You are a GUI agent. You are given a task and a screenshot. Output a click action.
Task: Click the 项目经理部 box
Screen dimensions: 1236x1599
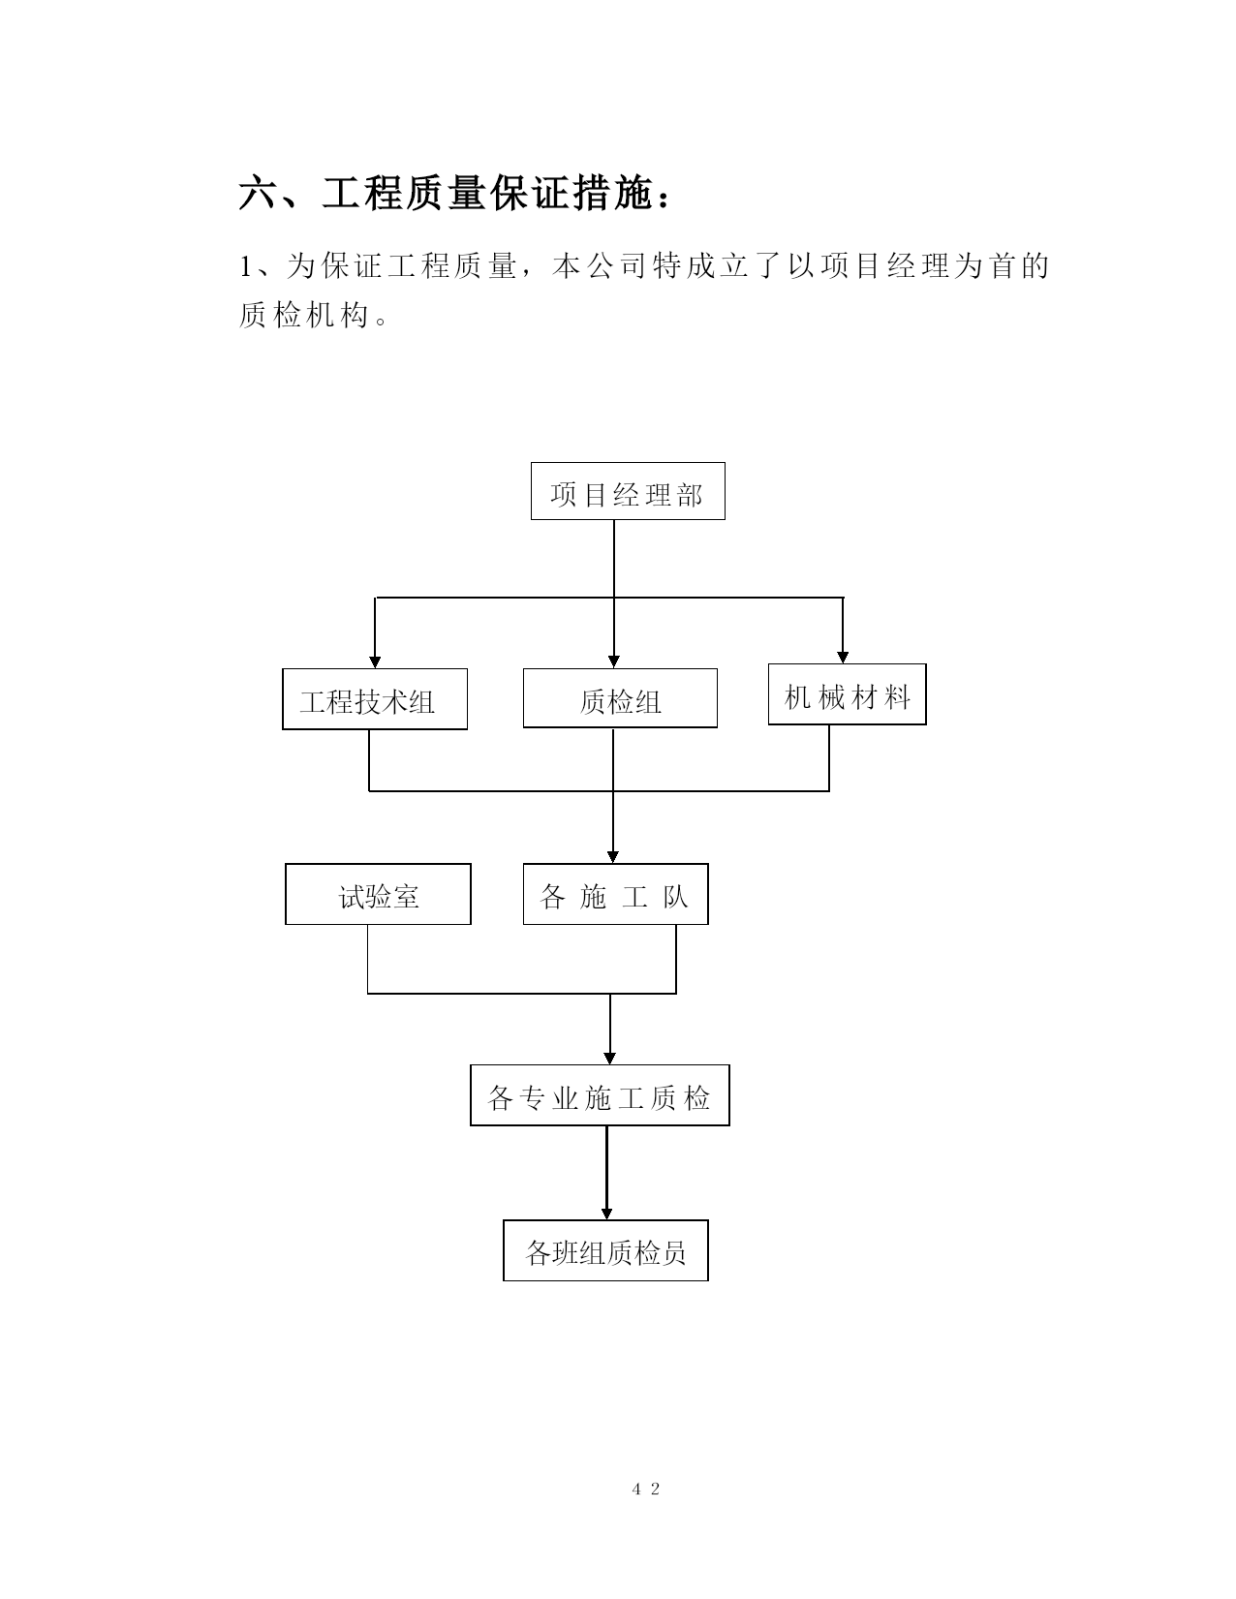pos(628,491)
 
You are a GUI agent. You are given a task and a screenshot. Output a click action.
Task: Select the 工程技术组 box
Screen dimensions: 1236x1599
pos(375,699)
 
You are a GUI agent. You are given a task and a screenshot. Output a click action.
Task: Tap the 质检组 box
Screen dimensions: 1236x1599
pos(620,698)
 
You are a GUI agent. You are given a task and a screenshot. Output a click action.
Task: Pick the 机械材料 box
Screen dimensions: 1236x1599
pos(847,693)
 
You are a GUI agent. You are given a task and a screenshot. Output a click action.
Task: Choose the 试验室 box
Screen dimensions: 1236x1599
pos(378,894)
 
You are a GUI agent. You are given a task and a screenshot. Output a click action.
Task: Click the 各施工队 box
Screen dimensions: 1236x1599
pos(616,894)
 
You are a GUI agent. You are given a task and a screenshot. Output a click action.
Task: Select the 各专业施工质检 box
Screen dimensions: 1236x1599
pos(600,1095)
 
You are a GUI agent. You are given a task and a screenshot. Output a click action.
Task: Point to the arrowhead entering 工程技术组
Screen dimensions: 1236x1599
pos(375,662)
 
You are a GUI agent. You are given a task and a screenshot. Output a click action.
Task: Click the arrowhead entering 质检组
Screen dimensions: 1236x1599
pos(614,662)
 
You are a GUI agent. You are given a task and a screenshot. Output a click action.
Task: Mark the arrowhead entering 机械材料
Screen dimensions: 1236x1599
pos(843,657)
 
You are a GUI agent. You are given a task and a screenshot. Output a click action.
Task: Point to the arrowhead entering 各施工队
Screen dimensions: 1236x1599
pos(613,857)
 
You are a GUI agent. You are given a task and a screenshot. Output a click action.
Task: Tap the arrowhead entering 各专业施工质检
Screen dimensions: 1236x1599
pos(609,1059)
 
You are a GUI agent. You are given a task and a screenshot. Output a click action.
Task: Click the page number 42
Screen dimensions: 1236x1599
pos(645,1489)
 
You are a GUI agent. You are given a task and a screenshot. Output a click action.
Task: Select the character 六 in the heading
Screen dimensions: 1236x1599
pos(257,194)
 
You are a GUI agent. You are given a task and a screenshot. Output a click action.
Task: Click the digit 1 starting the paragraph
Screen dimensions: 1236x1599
pos(246,265)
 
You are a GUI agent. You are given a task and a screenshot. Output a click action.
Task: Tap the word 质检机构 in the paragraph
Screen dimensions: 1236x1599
pos(303,315)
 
